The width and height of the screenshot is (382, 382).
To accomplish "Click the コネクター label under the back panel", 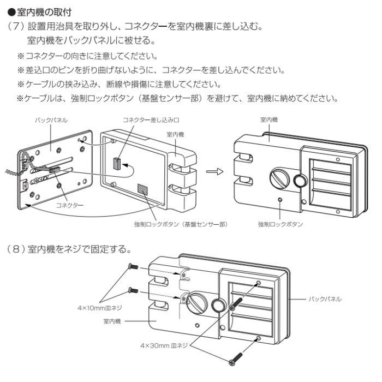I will click(x=70, y=205).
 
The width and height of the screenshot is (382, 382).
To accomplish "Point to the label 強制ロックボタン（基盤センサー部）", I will click(x=180, y=224).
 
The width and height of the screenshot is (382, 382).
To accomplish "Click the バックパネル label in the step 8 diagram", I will click(x=325, y=300).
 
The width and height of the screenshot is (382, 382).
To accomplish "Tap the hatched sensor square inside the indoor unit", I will click(x=142, y=188).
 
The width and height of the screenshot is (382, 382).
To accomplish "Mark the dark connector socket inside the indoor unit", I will click(x=117, y=163).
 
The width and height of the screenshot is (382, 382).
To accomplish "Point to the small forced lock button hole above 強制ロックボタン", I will click(x=280, y=200).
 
